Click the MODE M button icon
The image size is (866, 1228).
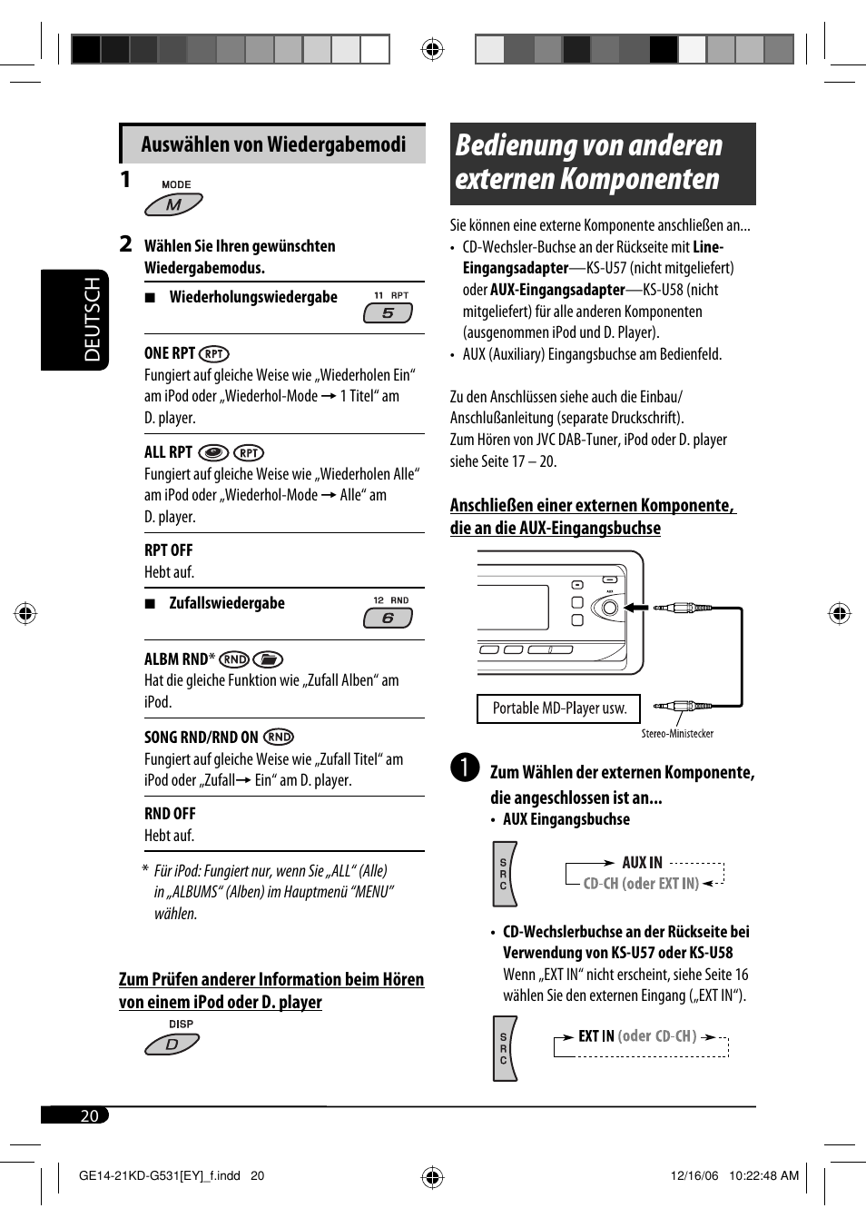[x=173, y=204]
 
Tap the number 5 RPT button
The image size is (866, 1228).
[x=388, y=312]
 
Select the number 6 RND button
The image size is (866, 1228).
[x=388, y=618]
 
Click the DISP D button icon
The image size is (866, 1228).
[x=172, y=1045]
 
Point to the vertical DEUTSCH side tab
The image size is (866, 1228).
[x=75, y=320]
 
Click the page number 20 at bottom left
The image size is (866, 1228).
[x=89, y=1115]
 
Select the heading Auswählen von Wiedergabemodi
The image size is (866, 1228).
[x=273, y=144]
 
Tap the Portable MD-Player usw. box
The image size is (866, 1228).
[x=559, y=708]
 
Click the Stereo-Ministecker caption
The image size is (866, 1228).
[x=677, y=734]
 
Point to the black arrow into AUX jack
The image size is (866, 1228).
[x=636, y=608]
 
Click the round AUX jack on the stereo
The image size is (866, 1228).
[x=610, y=608]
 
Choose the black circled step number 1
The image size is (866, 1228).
[x=464, y=767]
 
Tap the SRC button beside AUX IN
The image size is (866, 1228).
[x=504, y=874]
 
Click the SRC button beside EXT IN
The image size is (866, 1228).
[x=504, y=1049]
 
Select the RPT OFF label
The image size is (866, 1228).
[x=169, y=550]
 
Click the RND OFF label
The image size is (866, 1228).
[x=170, y=814]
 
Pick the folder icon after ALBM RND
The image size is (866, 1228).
[x=268, y=659]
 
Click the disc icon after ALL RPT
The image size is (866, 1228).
[x=213, y=452]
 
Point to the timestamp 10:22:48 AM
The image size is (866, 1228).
[x=763, y=1175]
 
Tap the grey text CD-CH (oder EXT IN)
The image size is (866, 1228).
[x=641, y=883]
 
